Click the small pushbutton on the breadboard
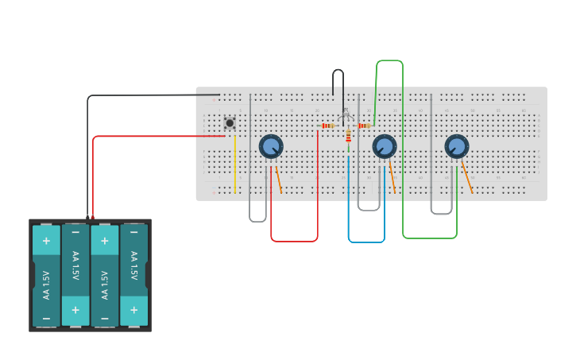(x=230, y=122)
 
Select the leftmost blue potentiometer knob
(x=271, y=146)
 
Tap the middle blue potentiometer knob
(x=385, y=146)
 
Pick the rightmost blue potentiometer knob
(x=457, y=146)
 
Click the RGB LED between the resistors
(x=346, y=117)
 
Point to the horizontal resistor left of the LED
(x=327, y=126)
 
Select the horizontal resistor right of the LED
(x=364, y=126)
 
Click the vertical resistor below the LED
(x=348, y=137)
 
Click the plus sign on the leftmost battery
(x=46, y=241)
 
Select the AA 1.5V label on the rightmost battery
(x=133, y=266)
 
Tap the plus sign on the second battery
(x=75, y=309)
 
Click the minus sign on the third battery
(x=105, y=318)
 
